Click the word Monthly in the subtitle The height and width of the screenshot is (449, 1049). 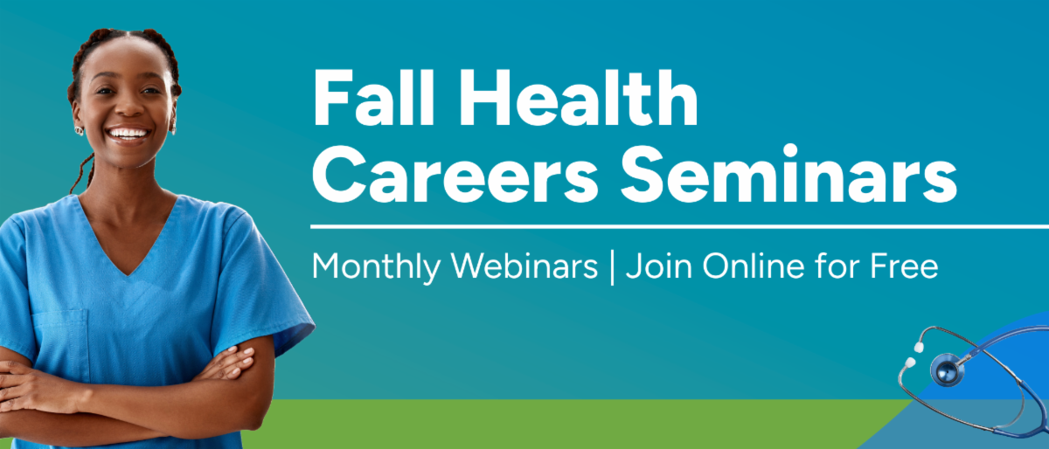click(x=371, y=266)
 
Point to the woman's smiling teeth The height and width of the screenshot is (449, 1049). click(x=128, y=134)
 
